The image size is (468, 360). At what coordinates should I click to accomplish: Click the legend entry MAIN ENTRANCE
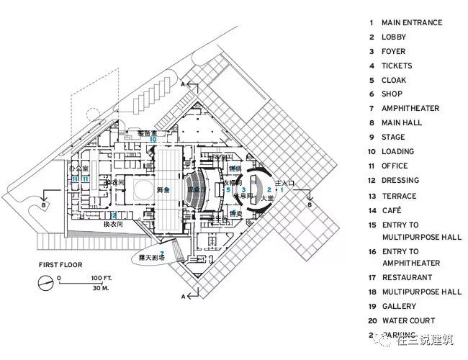pyautogui.click(x=412, y=22)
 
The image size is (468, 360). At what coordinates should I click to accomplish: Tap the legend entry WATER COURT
pyautogui.click(x=408, y=320)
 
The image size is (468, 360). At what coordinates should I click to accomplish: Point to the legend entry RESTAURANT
pyautogui.click(x=407, y=277)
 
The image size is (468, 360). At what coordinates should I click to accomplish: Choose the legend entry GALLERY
pyautogui.click(x=399, y=306)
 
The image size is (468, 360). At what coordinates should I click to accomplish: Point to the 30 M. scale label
pyautogui.click(x=99, y=287)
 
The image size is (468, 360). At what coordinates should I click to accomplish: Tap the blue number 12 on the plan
pyautogui.click(x=113, y=215)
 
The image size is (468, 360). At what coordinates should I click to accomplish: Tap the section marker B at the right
pyautogui.click(x=310, y=205)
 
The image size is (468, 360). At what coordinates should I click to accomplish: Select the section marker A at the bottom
pyautogui.click(x=185, y=296)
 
